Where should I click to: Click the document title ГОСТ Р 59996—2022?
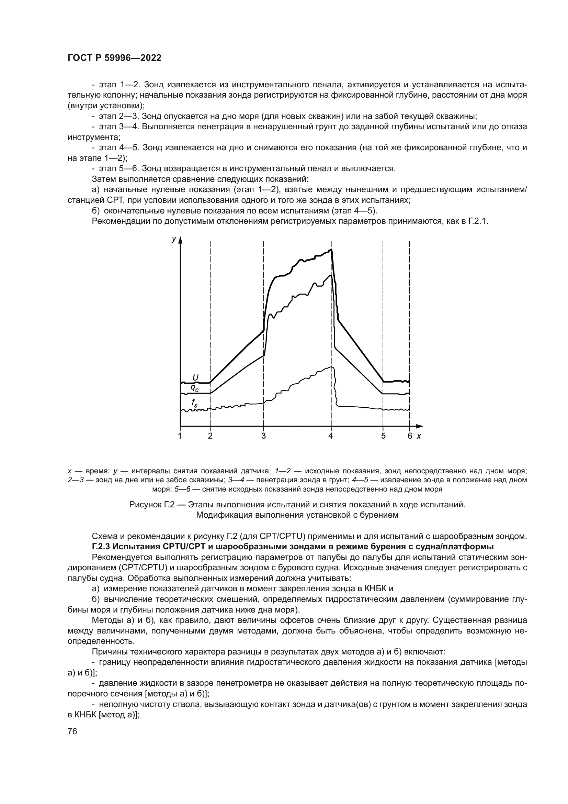(114, 58)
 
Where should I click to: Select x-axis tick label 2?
(210, 436)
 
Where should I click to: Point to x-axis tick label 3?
(263, 436)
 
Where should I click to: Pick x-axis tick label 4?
(330, 436)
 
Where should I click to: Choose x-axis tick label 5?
(383, 436)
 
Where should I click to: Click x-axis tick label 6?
(410, 436)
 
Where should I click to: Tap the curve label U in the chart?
(195, 377)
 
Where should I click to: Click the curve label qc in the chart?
(194, 388)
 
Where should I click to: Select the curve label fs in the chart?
(194, 403)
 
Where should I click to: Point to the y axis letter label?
(173, 239)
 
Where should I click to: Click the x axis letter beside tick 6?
(419, 436)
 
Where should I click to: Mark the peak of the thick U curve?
(331, 250)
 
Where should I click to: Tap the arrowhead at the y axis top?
(180, 239)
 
